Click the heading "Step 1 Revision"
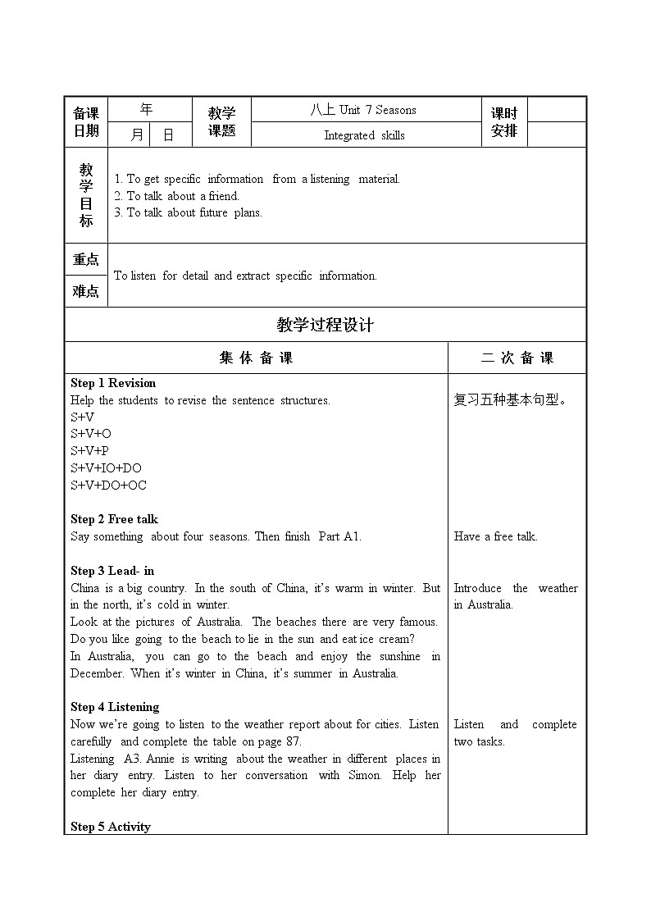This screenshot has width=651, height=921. pos(113,383)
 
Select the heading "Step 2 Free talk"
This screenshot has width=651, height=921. pos(114,519)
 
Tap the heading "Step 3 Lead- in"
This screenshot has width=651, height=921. pos(112,571)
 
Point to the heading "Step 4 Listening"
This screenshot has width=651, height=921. pos(115,707)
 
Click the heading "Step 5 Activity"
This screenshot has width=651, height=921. pos(111,827)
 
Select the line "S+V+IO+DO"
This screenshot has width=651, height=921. pos(106,468)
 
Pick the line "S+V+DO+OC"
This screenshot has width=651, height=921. pos(108,485)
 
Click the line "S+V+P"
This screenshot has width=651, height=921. pos(89,451)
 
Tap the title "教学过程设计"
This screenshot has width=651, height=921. pos(325,325)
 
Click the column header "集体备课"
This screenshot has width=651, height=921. pos(256,358)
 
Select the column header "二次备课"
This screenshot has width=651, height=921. pos(517,358)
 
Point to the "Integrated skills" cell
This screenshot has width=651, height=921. pos(364,135)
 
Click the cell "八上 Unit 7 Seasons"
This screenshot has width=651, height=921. pos(363,110)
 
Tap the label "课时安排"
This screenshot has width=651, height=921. pos(504,122)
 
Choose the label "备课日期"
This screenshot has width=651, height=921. pos(86,122)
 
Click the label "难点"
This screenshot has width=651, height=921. pos(86,291)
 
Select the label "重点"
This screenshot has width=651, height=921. pos(86,259)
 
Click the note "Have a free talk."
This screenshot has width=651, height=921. pos(495,536)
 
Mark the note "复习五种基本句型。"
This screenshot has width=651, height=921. pos(510,400)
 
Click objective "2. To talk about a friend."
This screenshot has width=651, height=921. pos(176,196)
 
